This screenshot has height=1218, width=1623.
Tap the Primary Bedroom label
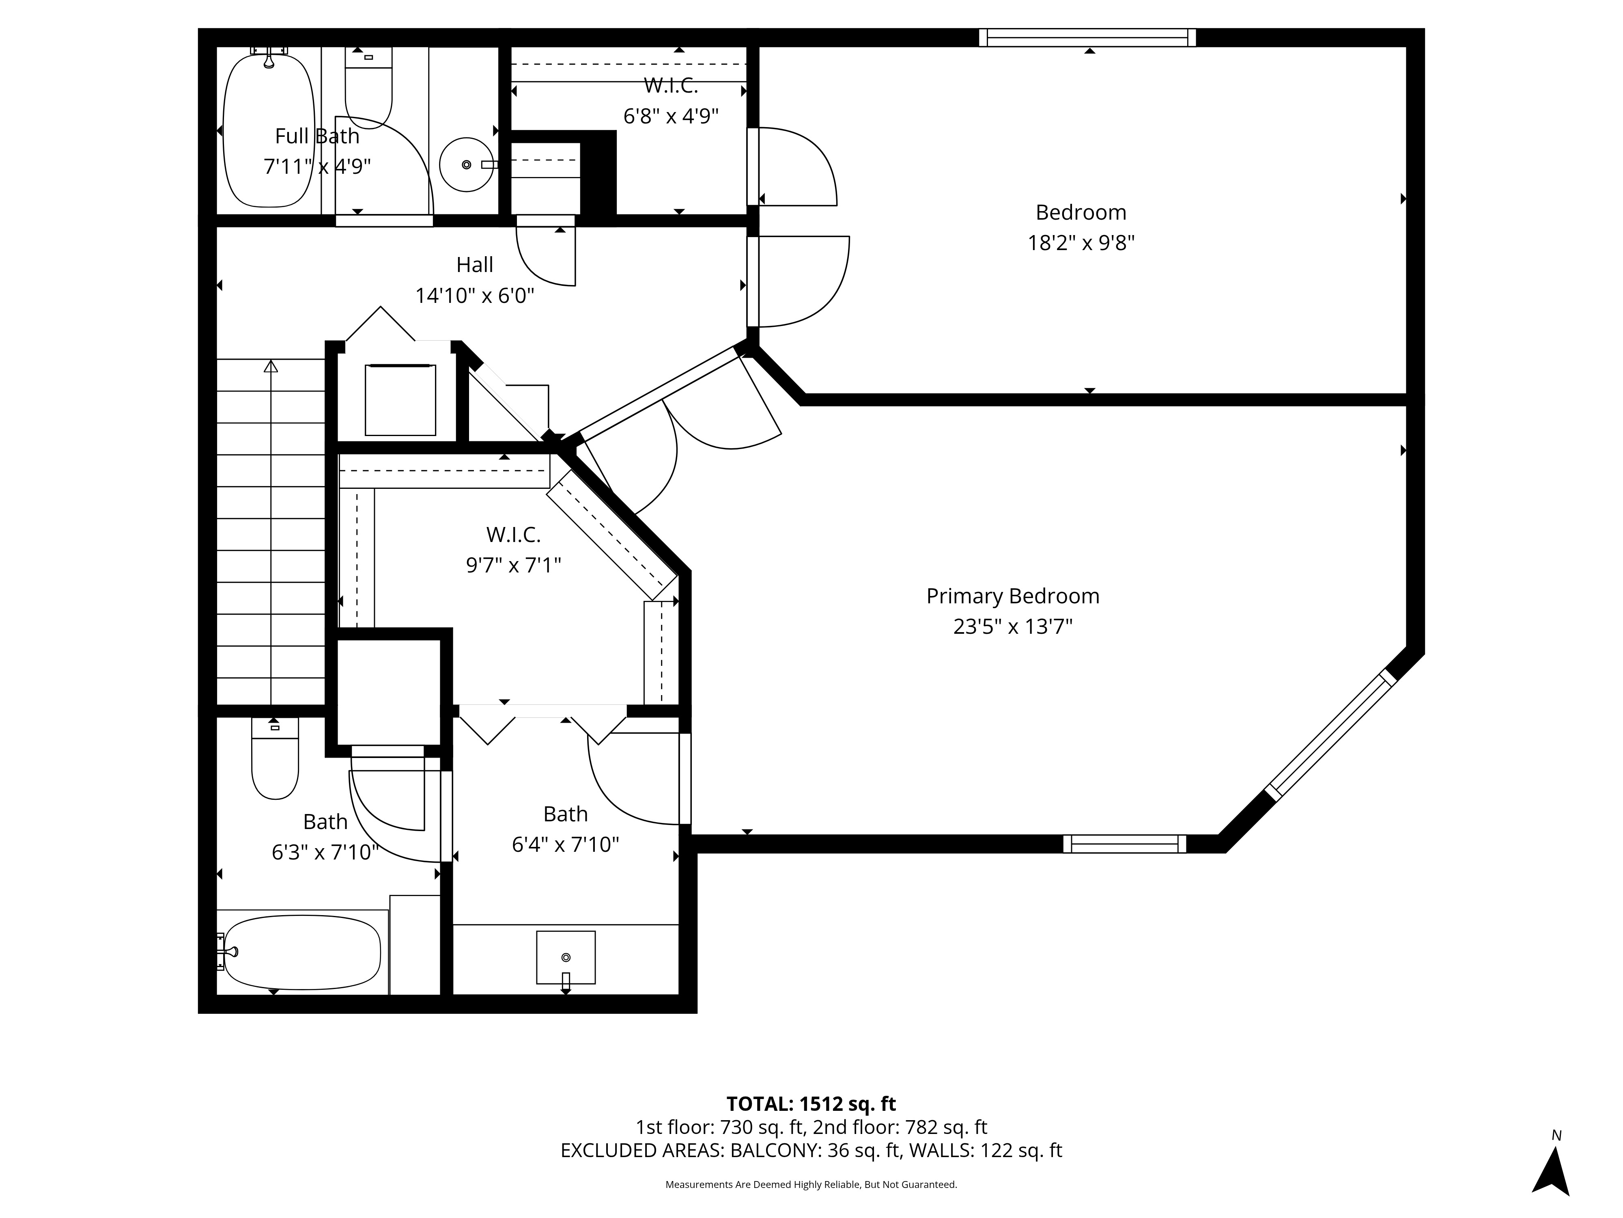[x=1012, y=596]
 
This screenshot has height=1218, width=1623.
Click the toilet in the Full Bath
[x=368, y=88]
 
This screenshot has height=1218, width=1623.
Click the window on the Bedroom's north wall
[x=1087, y=37]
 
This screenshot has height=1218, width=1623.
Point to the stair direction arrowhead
[x=271, y=366]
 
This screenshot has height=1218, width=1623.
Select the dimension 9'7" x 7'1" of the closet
[x=514, y=565]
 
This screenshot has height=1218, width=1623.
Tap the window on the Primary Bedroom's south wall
[x=1124, y=844]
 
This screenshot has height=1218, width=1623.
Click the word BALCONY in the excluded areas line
[x=775, y=1151]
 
